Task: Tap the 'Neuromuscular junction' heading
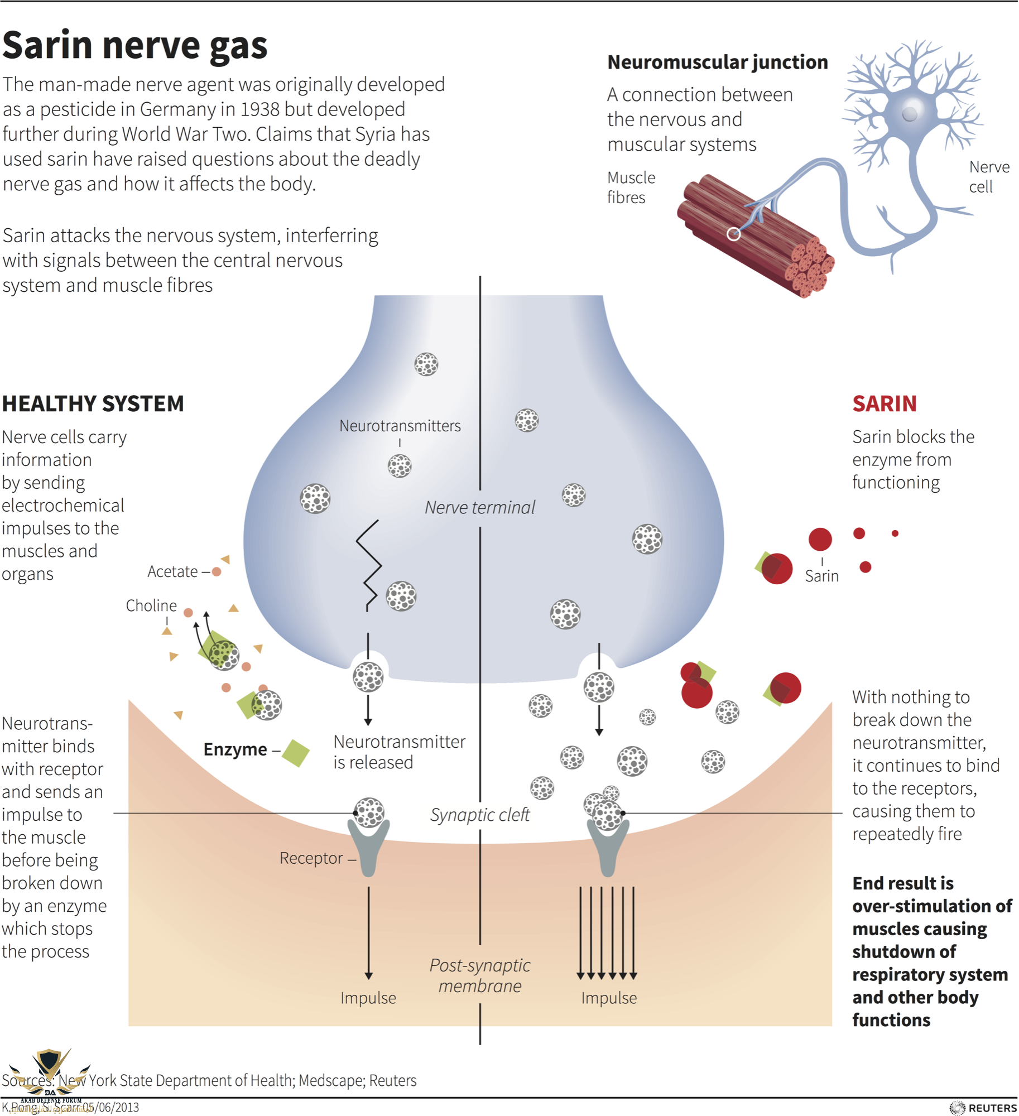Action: coord(717,62)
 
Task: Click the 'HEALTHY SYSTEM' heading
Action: coord(93,403)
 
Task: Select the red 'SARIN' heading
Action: coord(884,403)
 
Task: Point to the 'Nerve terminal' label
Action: coord(479,507)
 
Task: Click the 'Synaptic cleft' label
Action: coord(479,815)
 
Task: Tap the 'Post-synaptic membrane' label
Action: coord(479,975)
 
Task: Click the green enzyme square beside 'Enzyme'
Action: coord(295,753)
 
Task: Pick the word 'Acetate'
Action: coord(172,571)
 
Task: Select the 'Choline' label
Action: coord(151,605)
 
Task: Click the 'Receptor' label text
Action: coord(311,858)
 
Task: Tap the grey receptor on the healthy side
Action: coord(368,848)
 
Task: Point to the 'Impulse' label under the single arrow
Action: coord(368,998)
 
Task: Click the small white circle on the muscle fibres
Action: coord(733,234)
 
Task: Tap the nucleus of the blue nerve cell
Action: coord(910,113)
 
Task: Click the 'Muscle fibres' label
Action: coord(631,187)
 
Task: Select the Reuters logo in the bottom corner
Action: coord(983,1108)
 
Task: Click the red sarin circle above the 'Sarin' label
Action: coord(820,539)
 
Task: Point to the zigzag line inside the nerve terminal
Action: coord(369,564)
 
